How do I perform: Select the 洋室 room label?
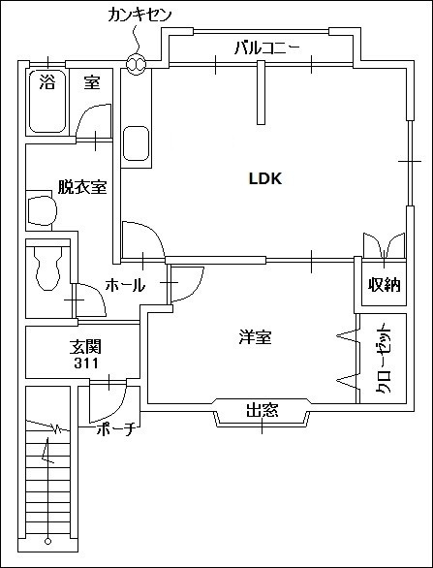256,337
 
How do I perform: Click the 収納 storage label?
383,285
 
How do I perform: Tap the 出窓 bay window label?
262,411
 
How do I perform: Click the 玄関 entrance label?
85,346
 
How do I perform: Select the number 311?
85,363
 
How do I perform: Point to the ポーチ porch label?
115,430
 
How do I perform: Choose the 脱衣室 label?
82,187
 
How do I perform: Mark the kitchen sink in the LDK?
137,144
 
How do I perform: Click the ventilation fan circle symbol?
136,65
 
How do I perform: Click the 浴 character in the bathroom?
46,82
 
